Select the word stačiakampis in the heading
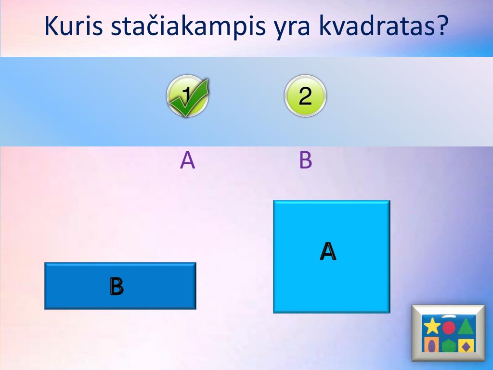[x=188, y=28]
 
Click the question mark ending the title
[x=441, y=27]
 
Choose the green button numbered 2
[x=305, y=96]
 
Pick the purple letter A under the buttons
[x=187, y=160]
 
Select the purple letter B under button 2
[x=305, y=160]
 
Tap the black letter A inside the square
[x=328, y=251]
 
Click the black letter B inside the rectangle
[x=117, y=286]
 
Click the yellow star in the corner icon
[x=432, y=327]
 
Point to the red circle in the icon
[x=449, y=328]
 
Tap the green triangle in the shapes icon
[x=465, y=327]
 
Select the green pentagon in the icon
[x=449, y=345]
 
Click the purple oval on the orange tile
[x=432, y=345]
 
